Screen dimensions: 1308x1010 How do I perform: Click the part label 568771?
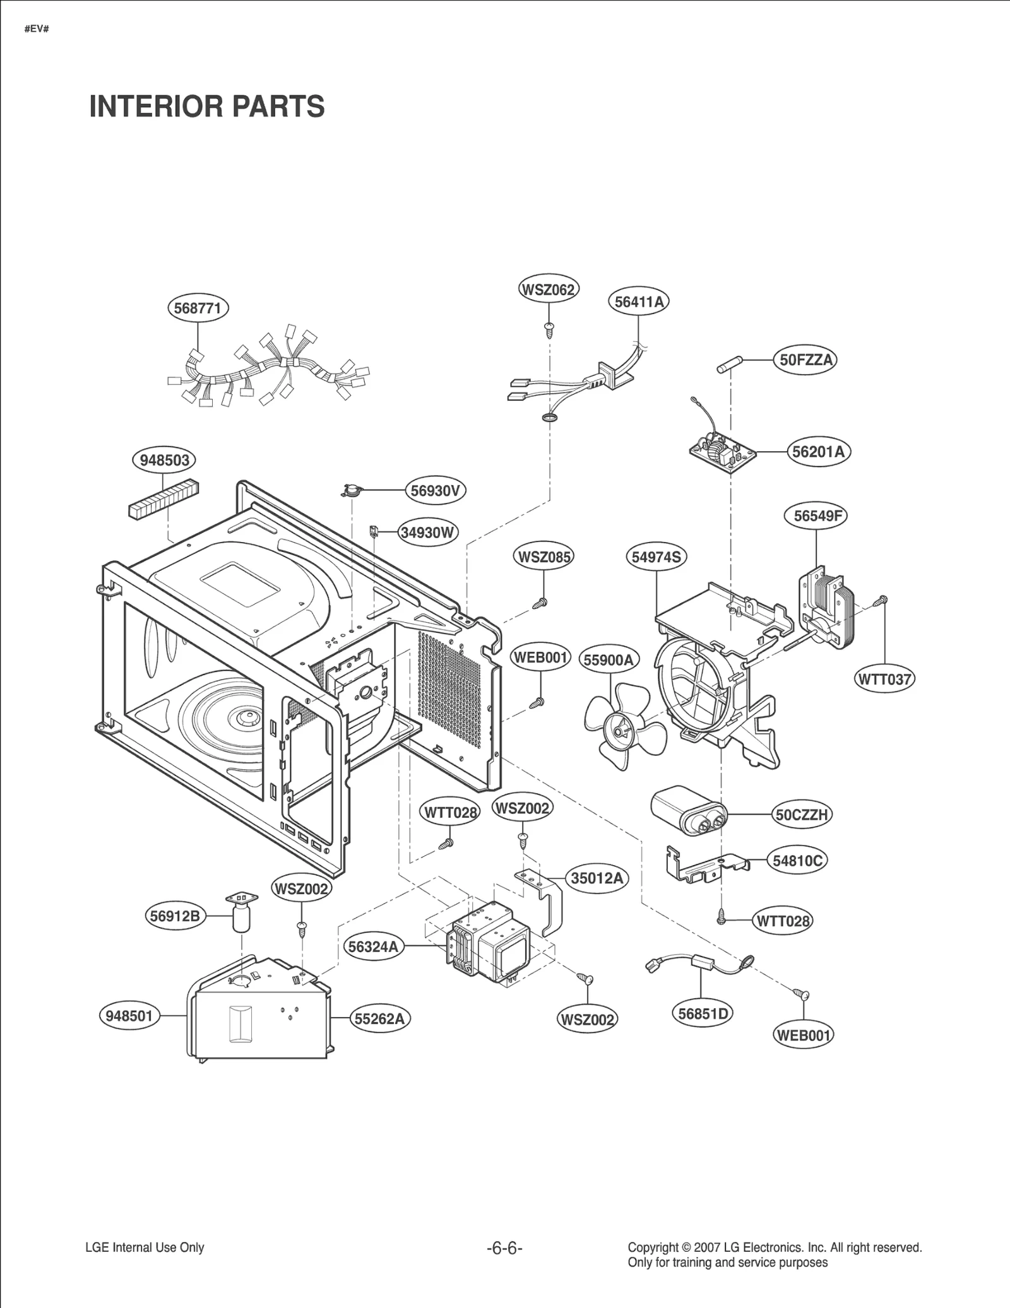point(198,308)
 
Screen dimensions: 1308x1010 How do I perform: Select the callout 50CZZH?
point(802,815)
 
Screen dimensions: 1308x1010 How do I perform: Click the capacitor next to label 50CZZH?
point(688,811)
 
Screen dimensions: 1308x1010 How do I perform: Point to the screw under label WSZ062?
point(549,328)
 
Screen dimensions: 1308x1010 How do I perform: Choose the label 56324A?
point(374,946)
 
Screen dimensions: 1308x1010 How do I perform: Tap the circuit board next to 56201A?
point(722,449)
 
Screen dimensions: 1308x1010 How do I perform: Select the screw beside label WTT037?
point(881,601)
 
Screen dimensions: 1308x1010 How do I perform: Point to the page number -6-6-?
point(504,1247)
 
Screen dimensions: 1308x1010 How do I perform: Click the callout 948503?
point(164,460)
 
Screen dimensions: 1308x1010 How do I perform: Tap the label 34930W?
point(428,533)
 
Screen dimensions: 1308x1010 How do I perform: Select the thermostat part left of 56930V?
point(350,489)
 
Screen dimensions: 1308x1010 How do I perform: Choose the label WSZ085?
point(544,557)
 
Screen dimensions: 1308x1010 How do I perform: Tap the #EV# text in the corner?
point(37,30)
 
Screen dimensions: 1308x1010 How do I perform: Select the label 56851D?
point(703,1013)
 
